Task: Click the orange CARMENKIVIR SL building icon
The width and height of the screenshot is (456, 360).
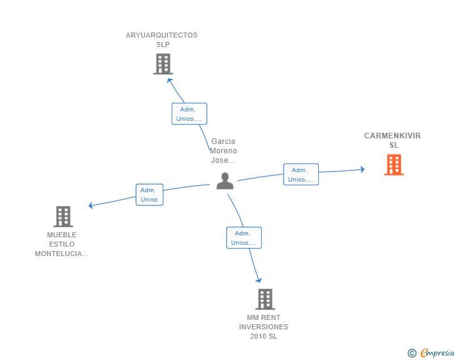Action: point(393,165)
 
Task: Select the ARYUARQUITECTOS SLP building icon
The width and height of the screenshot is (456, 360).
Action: point(162,64)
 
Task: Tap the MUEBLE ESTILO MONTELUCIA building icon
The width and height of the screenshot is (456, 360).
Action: point(63,217)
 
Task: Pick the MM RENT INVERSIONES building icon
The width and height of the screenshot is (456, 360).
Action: point(265,299)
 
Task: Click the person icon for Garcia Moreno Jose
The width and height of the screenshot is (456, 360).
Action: point(225,181)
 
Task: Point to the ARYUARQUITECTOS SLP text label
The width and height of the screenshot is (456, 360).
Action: point(162,39)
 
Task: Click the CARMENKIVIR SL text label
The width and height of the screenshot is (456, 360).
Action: point(393,140)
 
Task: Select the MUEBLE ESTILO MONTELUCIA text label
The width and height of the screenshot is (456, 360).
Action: point(61,244)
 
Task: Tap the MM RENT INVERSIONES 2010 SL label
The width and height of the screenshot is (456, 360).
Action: point(264,327)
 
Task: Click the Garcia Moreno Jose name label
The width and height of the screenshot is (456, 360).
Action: point(224,150)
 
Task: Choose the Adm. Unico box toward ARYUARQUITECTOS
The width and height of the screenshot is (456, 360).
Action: point(189,114)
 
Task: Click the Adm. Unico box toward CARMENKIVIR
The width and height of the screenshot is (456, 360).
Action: point(301,175)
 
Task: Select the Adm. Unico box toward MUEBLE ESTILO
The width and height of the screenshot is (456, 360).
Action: point(149,195)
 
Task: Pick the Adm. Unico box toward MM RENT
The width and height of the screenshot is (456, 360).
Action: point(244,238)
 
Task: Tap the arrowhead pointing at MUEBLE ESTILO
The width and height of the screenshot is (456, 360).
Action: point(91,205)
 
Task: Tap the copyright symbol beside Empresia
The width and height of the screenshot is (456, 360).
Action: point(412,353)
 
